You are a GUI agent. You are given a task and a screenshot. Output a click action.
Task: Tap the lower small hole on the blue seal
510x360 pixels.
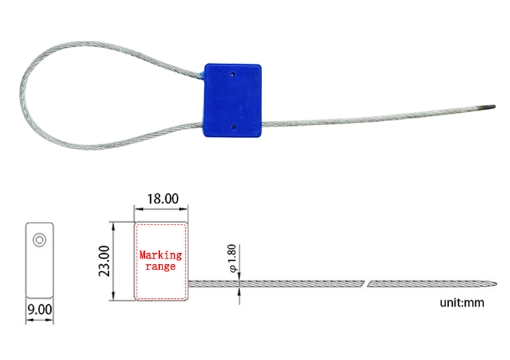point(233,126)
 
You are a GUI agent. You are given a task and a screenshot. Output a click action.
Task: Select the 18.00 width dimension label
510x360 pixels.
point(163,199)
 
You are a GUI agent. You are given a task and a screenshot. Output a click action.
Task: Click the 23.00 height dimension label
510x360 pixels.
point(104,261)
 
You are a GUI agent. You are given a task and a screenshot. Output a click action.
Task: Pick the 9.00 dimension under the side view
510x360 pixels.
point(39,309)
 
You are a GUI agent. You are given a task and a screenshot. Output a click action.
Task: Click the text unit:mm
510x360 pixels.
point(462,303)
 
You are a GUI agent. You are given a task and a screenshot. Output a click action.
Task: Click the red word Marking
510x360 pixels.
point(160,255)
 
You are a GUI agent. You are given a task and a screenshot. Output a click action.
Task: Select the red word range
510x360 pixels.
point(160,267)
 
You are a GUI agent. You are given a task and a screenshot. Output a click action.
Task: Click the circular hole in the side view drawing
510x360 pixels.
point(39,239)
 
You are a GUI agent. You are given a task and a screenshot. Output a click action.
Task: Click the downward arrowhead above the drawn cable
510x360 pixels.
point(239,276)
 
